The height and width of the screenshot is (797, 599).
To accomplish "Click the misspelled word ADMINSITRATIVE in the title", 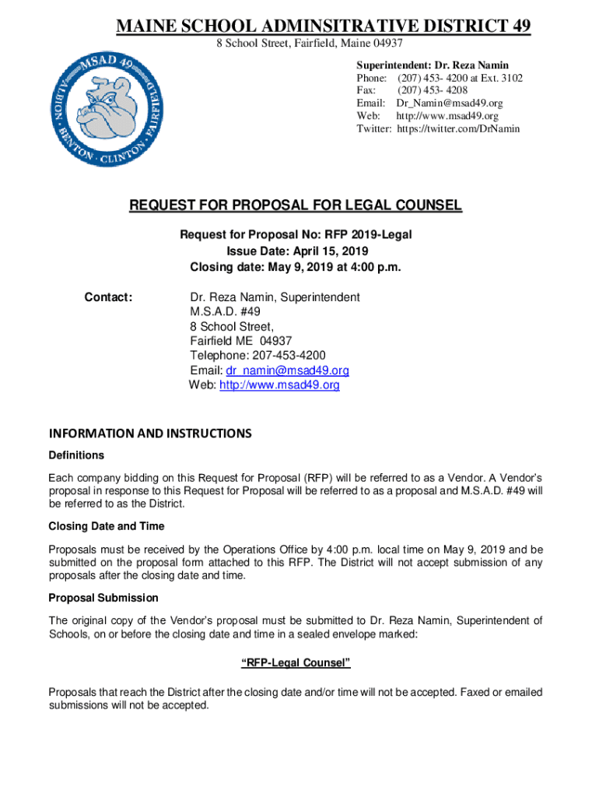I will tap(326, 27).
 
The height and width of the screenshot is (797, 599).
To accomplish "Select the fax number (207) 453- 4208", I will tap(432, 90).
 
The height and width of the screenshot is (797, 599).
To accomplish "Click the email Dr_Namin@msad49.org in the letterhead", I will tap(449, 104).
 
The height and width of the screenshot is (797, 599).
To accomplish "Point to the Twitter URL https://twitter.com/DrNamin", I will tap(458, 128).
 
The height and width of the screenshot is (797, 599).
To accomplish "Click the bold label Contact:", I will tap(109, 297).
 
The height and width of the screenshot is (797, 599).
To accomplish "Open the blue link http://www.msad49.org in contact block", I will tap(279, 385).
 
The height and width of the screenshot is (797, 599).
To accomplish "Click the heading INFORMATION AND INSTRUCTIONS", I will tap(150, 433).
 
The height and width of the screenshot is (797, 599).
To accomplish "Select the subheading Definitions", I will tap(76, 455).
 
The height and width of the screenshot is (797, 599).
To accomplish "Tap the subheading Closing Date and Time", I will tap(107, 527).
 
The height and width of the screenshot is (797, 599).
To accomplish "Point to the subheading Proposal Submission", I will tap(103, 598).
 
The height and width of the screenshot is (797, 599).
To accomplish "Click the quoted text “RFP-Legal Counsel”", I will tap(296, 663).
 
